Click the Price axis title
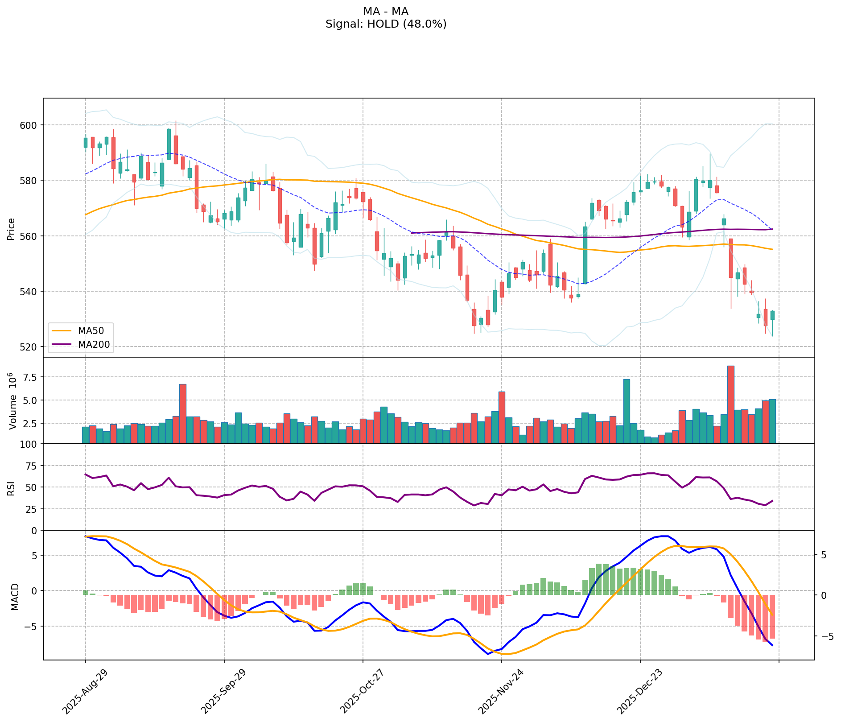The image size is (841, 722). [11, 229]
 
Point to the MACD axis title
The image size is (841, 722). [15, 597]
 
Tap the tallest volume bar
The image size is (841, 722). [730, 404]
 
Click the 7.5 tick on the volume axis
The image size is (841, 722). [29, 377]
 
